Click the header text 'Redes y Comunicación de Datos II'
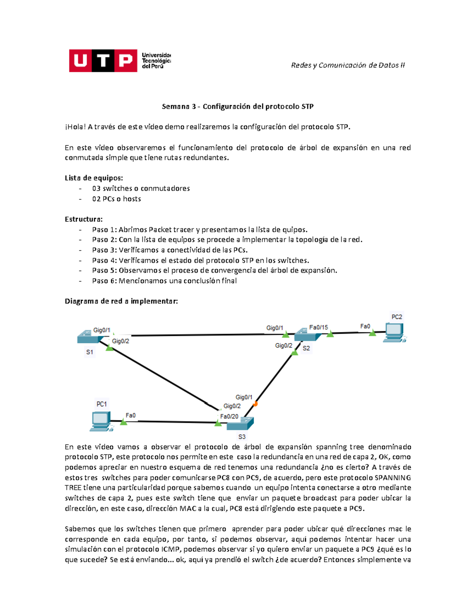pos(348,65)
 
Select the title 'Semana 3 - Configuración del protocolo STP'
pos(237,106)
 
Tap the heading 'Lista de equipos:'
pos(94,178)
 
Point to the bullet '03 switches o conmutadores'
pos(141,189)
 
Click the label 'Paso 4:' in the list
pos(104,260)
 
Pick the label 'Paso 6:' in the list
pos(104,281)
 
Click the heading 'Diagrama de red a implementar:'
pos(121,301)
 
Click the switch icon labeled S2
pos(307,335)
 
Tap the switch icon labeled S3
pos(240,423)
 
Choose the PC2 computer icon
pos(394,332)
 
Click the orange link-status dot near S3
pos(255,404)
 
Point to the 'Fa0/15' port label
pos(318,327)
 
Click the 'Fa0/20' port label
pos(229,416)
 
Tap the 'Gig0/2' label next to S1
pos(120,341)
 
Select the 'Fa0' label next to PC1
pos(130,416)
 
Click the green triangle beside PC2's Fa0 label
pos(372,333)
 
